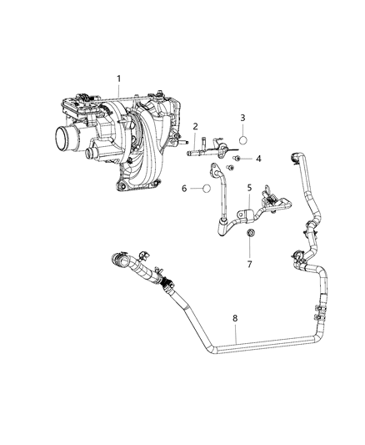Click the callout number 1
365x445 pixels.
(119, 79)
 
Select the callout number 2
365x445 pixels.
(195, 127)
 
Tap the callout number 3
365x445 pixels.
(242, 119)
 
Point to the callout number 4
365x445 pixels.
(259, 158)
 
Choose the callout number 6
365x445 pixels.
(184, 189)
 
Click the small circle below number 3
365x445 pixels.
(242, 139)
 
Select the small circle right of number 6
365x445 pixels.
(202, 189)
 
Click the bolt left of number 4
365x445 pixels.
(237, 158)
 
